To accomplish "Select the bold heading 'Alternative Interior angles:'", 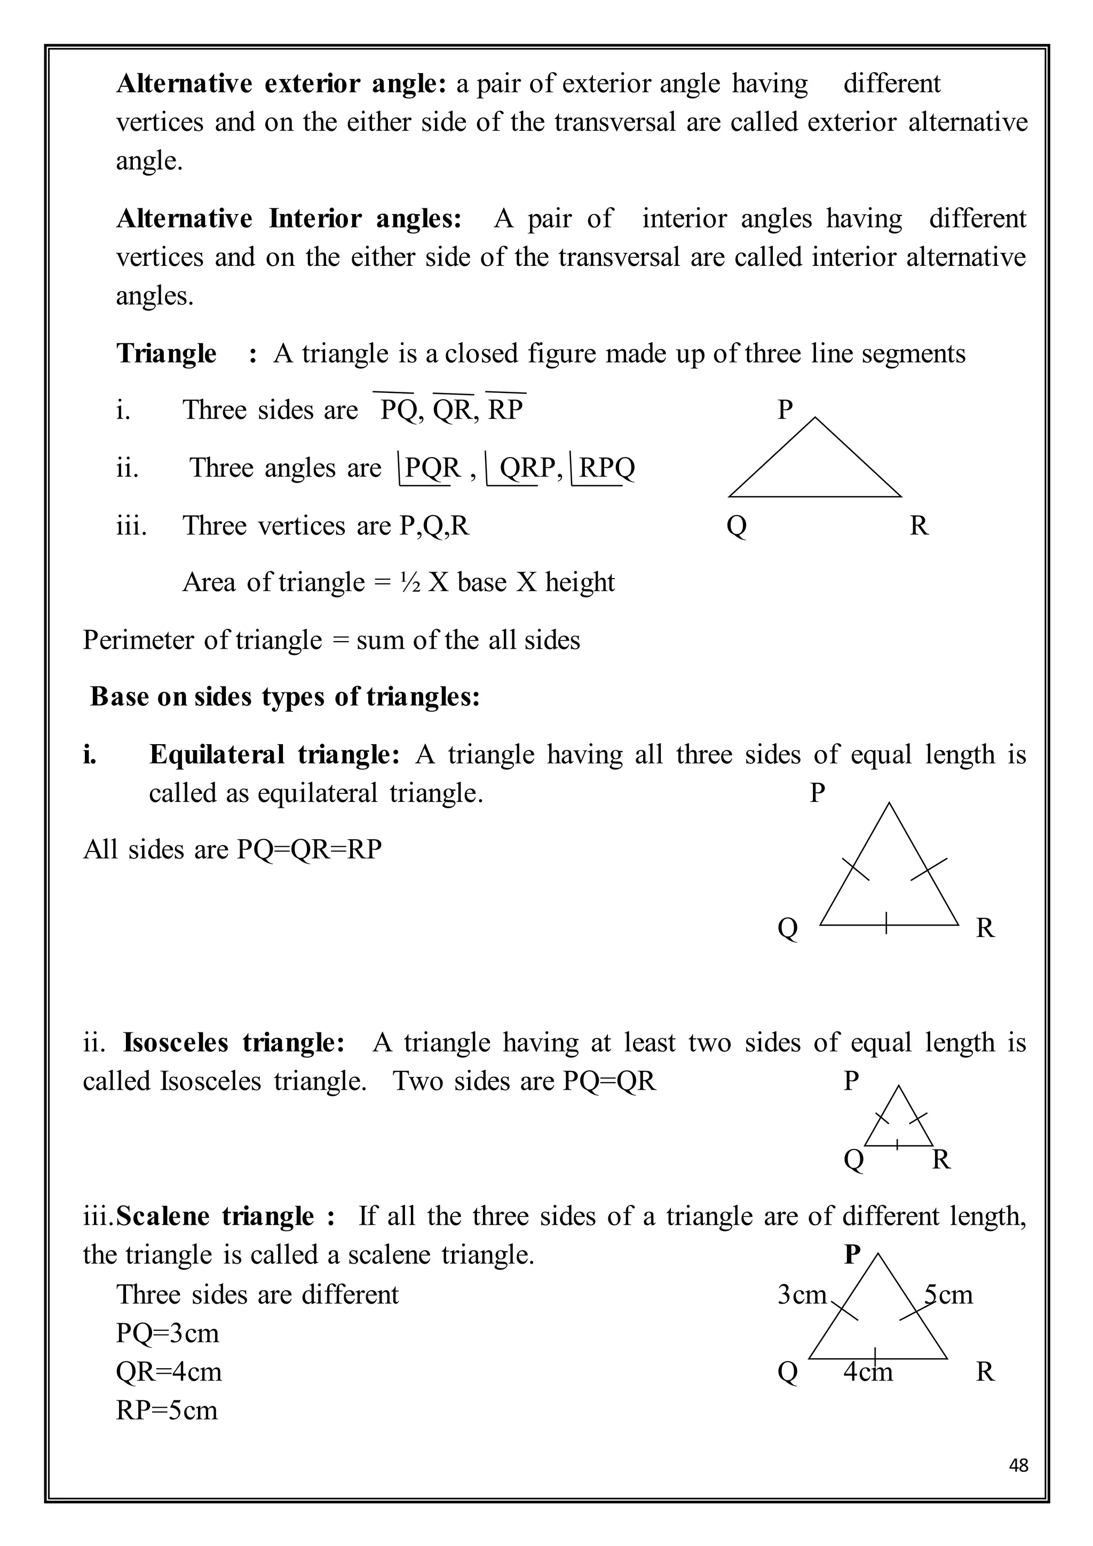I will (x=289, y=219).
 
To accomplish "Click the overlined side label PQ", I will (x=399, y=409).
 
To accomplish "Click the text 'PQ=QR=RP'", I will (x=309, y=849).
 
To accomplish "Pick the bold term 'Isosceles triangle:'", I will (x=234, y=1043).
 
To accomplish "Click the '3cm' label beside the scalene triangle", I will (x=801, y=1294).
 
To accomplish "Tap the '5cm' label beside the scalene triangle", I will (x=948, y=1294).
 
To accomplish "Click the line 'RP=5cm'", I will (x=167, y=1410).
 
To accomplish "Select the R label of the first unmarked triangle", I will (x=918, y=525).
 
